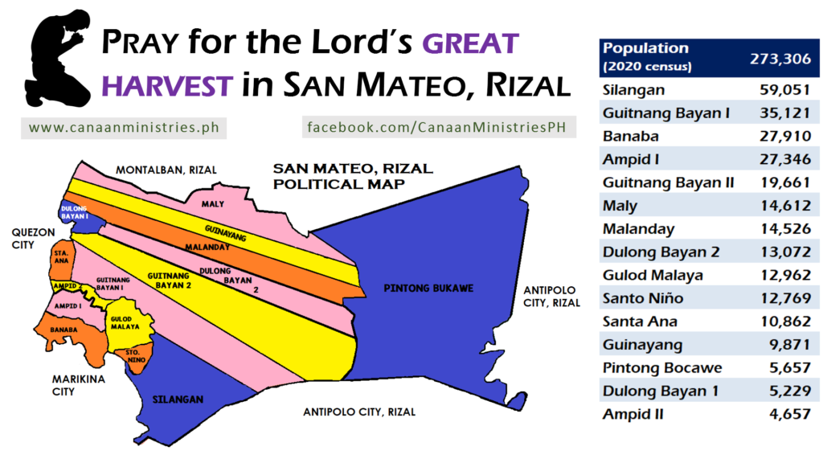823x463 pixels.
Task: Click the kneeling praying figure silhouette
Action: (x=58, y=59)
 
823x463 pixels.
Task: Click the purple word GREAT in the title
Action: (x=470, y=43)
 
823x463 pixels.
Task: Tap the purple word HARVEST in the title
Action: (x=167, y=85)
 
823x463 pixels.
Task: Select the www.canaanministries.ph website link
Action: (x=124, y=128)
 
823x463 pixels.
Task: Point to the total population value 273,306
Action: (x=780, y=58)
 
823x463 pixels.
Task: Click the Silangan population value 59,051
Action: (x=784, y=90)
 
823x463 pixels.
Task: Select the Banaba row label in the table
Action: (x=630, y=136)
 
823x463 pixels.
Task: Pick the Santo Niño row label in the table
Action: (x=643, y=298)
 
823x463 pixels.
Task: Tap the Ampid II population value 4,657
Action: (x=790, y=414)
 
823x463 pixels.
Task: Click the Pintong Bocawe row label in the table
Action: (x=662, y=367)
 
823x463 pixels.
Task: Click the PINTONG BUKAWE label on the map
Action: (x=428, y=289)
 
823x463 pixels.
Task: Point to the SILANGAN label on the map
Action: (x=178, y=399)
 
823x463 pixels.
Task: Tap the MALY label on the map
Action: (x=212, y=203)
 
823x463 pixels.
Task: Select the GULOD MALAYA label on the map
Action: (x=125, y=323)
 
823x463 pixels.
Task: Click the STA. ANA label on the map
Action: (x=61, y=256)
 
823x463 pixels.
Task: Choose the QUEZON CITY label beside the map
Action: (x=33, y=238)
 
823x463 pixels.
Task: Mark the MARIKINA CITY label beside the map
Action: (x=78, y=385)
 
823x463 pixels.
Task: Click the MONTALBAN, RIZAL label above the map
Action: (x=166, y=170)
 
